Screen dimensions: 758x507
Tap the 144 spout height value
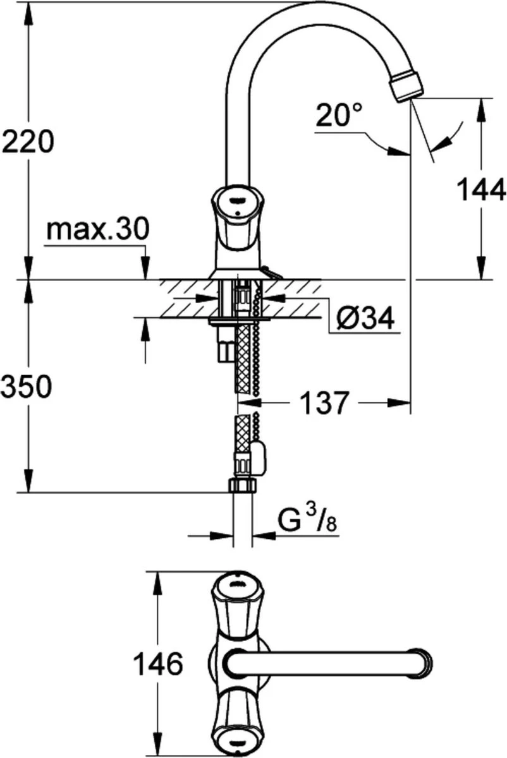(482, 189)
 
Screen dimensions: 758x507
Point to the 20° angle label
(339, 116)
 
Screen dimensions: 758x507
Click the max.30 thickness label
(98, 229)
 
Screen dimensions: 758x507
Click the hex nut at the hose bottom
(240, 485)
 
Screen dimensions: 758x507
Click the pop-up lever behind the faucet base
(271, 273)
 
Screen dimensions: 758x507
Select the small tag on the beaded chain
(259, 456)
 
